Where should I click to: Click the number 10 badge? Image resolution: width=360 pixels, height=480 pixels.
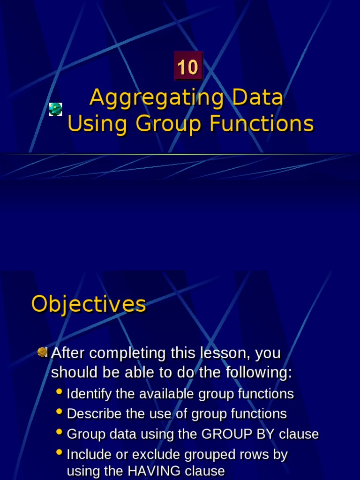188,67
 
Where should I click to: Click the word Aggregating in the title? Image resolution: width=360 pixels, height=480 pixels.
150,98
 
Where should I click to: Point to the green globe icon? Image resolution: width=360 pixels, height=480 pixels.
55,109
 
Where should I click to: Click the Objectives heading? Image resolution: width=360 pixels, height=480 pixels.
89,304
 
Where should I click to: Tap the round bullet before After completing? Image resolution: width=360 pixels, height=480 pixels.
43,352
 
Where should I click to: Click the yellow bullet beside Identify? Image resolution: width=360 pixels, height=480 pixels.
59,391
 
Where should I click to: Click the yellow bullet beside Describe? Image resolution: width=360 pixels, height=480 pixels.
59,412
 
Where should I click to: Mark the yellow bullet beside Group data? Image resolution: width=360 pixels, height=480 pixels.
59,432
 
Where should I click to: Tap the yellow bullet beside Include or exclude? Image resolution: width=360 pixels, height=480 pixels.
59,452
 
